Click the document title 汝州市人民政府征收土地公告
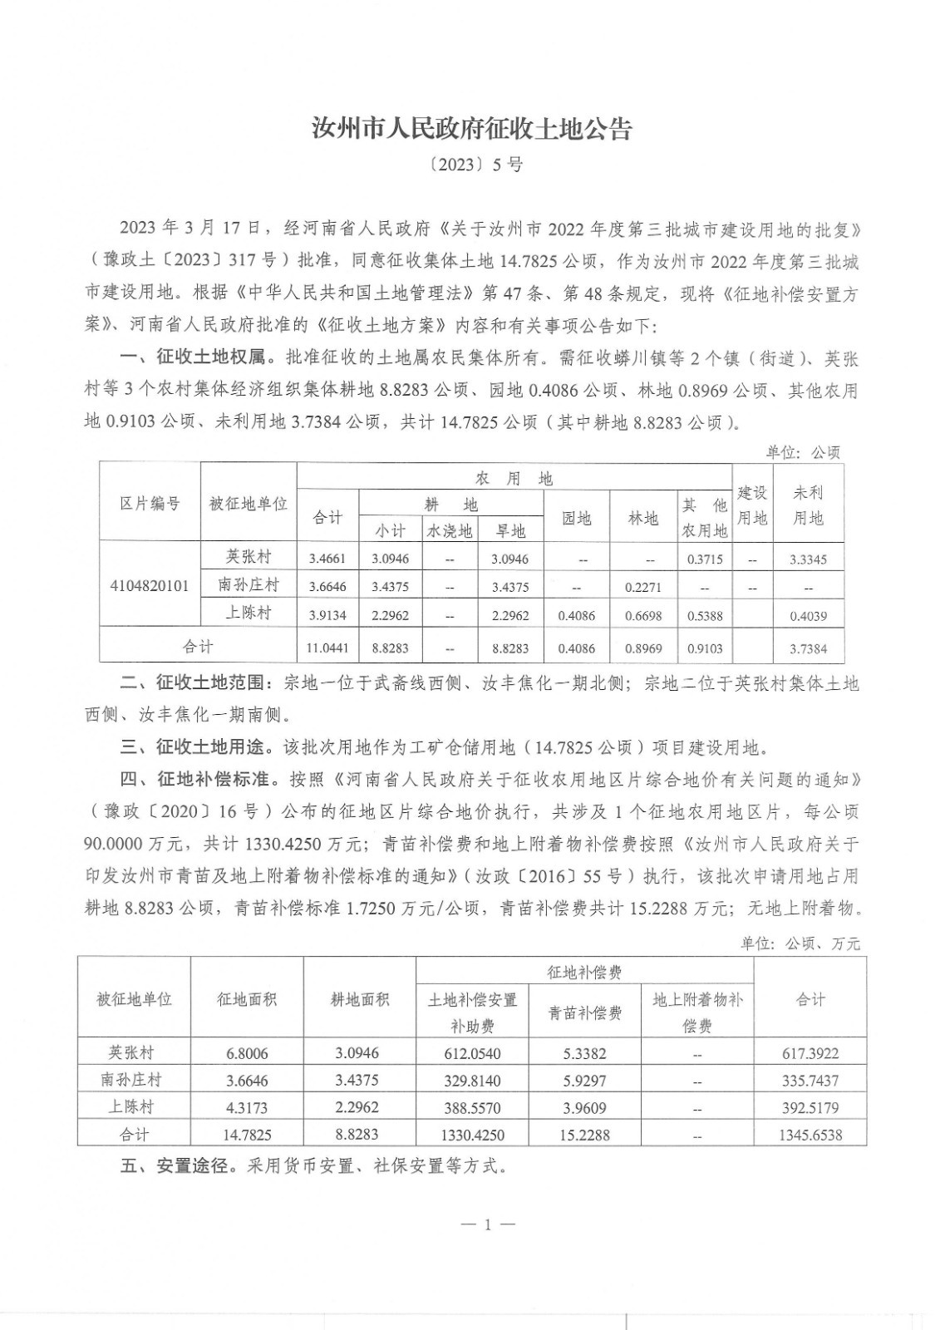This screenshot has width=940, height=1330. (471, 129)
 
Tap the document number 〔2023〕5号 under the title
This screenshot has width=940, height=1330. (470, 165)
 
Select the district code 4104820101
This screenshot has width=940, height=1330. (150, 585)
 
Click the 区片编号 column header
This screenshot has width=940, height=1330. (150, 503)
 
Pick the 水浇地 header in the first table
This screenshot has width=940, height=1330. (449, 531)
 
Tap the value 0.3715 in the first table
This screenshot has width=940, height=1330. (705, 559)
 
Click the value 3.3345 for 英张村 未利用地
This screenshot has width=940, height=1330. (807, 559)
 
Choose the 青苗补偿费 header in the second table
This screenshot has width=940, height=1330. (585, 1012)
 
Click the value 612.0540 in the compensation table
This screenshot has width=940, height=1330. (472, 1053)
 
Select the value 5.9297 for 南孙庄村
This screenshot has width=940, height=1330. (585, 1081)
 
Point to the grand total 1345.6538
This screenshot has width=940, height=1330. (810, 1135)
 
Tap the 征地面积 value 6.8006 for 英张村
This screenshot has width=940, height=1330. (247, 1053)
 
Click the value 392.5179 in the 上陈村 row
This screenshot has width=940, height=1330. (810, 1107)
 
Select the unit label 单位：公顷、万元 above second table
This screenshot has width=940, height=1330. (800, 943)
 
